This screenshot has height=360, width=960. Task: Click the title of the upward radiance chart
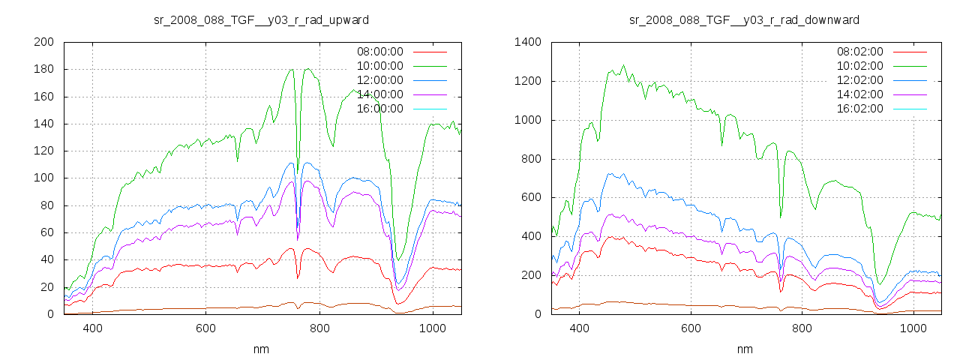(x=261, y=19)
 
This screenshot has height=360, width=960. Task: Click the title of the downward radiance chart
(x=744, y=19)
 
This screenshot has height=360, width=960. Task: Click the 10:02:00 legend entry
(x=860, y=66)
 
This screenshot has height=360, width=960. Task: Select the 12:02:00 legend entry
(x=860, y=80)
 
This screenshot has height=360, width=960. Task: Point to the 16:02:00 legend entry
(x=860, y=109)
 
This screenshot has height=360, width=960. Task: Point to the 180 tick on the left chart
(x=43, y=70)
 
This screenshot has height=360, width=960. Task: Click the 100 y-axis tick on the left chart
(x=43, y=178)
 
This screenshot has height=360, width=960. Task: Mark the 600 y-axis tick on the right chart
(x=530, y=198)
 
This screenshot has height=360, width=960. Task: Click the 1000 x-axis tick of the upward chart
(x=432, y=328)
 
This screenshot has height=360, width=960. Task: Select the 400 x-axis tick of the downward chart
(x=579, y=328)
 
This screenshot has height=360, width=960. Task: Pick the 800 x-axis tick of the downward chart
(x=802, y=328)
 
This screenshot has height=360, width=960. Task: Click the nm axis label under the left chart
(x=262, y=349)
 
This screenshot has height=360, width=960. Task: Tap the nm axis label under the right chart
(x=745, y=349)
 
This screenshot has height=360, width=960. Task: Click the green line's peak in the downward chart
(x=622, y=65)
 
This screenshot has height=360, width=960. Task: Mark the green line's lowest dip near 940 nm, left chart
(x=399, y=260)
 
